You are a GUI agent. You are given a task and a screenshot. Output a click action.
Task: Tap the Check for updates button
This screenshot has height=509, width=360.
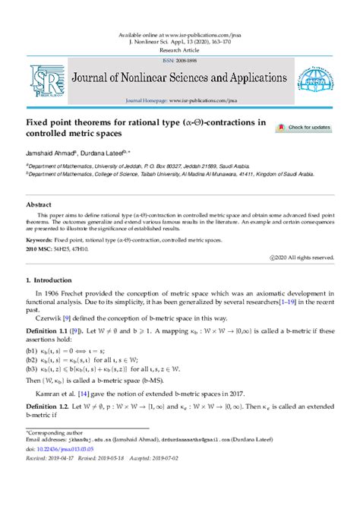(304, 128)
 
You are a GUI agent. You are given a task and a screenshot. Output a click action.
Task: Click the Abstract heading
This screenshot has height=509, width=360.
(39, 205)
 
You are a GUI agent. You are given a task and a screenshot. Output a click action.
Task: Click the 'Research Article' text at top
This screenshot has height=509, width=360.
(180, 50)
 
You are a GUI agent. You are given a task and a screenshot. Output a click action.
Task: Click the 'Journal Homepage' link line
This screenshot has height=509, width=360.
(179, 100)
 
